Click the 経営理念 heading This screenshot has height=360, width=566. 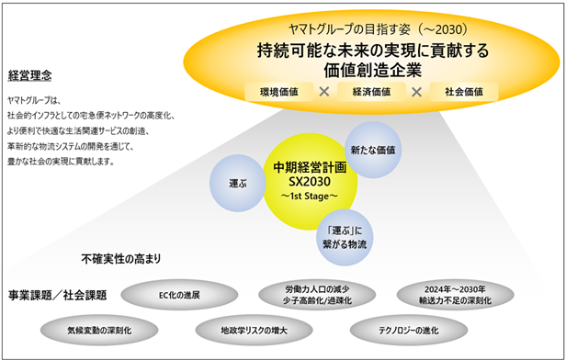click(x=29, y=75)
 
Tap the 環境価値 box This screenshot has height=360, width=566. click(x=279, y=92)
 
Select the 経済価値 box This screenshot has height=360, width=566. click(x=371, y=92)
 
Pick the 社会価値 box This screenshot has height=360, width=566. click(x=464, y=92)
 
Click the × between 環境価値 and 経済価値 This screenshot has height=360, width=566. click(x=324, y=92)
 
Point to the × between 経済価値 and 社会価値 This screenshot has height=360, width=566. click(x=417, y=92)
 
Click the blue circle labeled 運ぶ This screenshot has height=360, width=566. click(x=238, y=183)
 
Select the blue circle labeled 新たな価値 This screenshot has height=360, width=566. click(x=373, y=150)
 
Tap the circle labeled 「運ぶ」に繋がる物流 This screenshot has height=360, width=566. click(x=345, y=237)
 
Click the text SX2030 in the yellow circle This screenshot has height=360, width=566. click(x=310, y=182)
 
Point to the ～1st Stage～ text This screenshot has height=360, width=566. click(x=310, y=196)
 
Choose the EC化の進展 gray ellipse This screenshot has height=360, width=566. click(x=179, y=295)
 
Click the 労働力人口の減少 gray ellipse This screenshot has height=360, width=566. click(x=317, y=295)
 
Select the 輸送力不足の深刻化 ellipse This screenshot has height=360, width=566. click(x=455, y=295)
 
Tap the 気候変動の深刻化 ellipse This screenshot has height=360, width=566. click(x=99, y=330)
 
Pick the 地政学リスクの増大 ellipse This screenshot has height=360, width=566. click(x=254, y=330)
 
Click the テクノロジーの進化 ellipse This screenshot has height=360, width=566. click(x=409, y=330)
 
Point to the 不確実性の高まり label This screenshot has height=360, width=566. click(x=121, y=259)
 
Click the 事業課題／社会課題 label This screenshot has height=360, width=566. click(x=57, y=295)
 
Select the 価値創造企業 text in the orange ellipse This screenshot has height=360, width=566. click(x=372, y=70)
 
